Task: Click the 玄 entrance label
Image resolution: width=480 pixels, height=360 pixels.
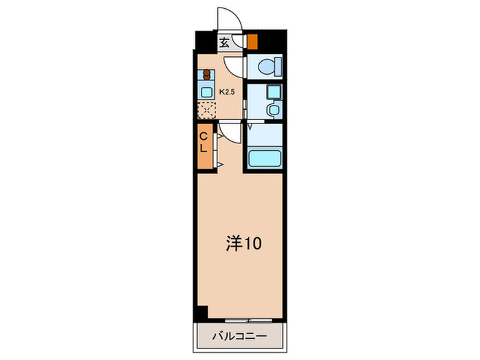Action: coord(224,42)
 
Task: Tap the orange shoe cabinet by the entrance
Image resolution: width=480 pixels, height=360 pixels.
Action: coord(252,41)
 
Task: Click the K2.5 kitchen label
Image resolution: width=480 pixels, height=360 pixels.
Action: coord(226,90)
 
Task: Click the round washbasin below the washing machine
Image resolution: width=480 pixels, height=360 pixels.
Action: coord(272,110)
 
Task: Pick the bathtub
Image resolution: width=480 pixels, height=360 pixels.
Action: coord(265,158)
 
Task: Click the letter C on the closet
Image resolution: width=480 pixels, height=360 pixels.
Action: coord(204,135)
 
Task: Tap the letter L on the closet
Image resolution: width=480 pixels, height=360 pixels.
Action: coord(204,147)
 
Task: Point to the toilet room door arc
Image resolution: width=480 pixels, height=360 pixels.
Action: coord(234,67)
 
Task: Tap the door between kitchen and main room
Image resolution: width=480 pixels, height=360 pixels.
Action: coord(230,132)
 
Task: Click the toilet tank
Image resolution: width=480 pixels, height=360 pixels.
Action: coord(277,68)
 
